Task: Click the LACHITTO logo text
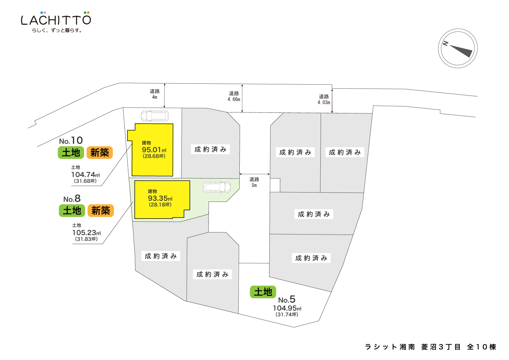click(56, 20)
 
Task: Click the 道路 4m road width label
click(154, 94)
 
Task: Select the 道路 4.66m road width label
click(234, 96)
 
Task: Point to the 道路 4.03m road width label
click(324, 99)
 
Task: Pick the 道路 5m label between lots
click(254, 182)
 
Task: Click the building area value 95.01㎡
click(154, 150)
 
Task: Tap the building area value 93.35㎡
click(160, 199)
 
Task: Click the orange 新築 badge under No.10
click(99, 153)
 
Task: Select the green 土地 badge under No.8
click(72, 211)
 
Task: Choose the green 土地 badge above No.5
click(263, 292)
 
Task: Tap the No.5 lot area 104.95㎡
click(287, 308)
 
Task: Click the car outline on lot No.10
click(155, 116)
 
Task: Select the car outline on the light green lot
click(217, 187)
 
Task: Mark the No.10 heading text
click(71, 141)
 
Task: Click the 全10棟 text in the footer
click(481, 347)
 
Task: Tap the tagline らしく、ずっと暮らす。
click(57, 30)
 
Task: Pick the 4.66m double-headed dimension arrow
click(242, 99)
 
